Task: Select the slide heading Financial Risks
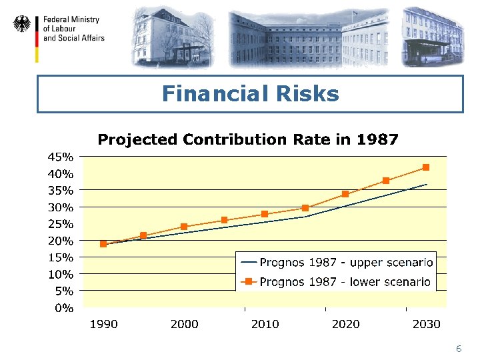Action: pos(250,94)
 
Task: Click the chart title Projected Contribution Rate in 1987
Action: pos(248,139)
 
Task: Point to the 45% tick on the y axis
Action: pos(60,157)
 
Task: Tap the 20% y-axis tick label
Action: pos(60,240)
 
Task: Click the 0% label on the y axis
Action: pos(65,307)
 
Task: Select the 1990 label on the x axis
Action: pos(103,324)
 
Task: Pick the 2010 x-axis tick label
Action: pos(265,324)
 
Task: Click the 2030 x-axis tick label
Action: pos(426,324)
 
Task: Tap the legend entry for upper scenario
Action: pos(337,262)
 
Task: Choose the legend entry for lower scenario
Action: pos(337,282)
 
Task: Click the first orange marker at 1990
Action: pos(103,244)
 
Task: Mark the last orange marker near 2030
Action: pos(426,167)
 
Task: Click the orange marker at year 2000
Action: pos(184,227)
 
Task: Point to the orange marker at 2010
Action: pos(265,214)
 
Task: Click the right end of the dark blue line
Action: pos(426,184)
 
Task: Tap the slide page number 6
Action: pos(459,349)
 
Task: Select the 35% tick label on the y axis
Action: pos(60,190)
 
